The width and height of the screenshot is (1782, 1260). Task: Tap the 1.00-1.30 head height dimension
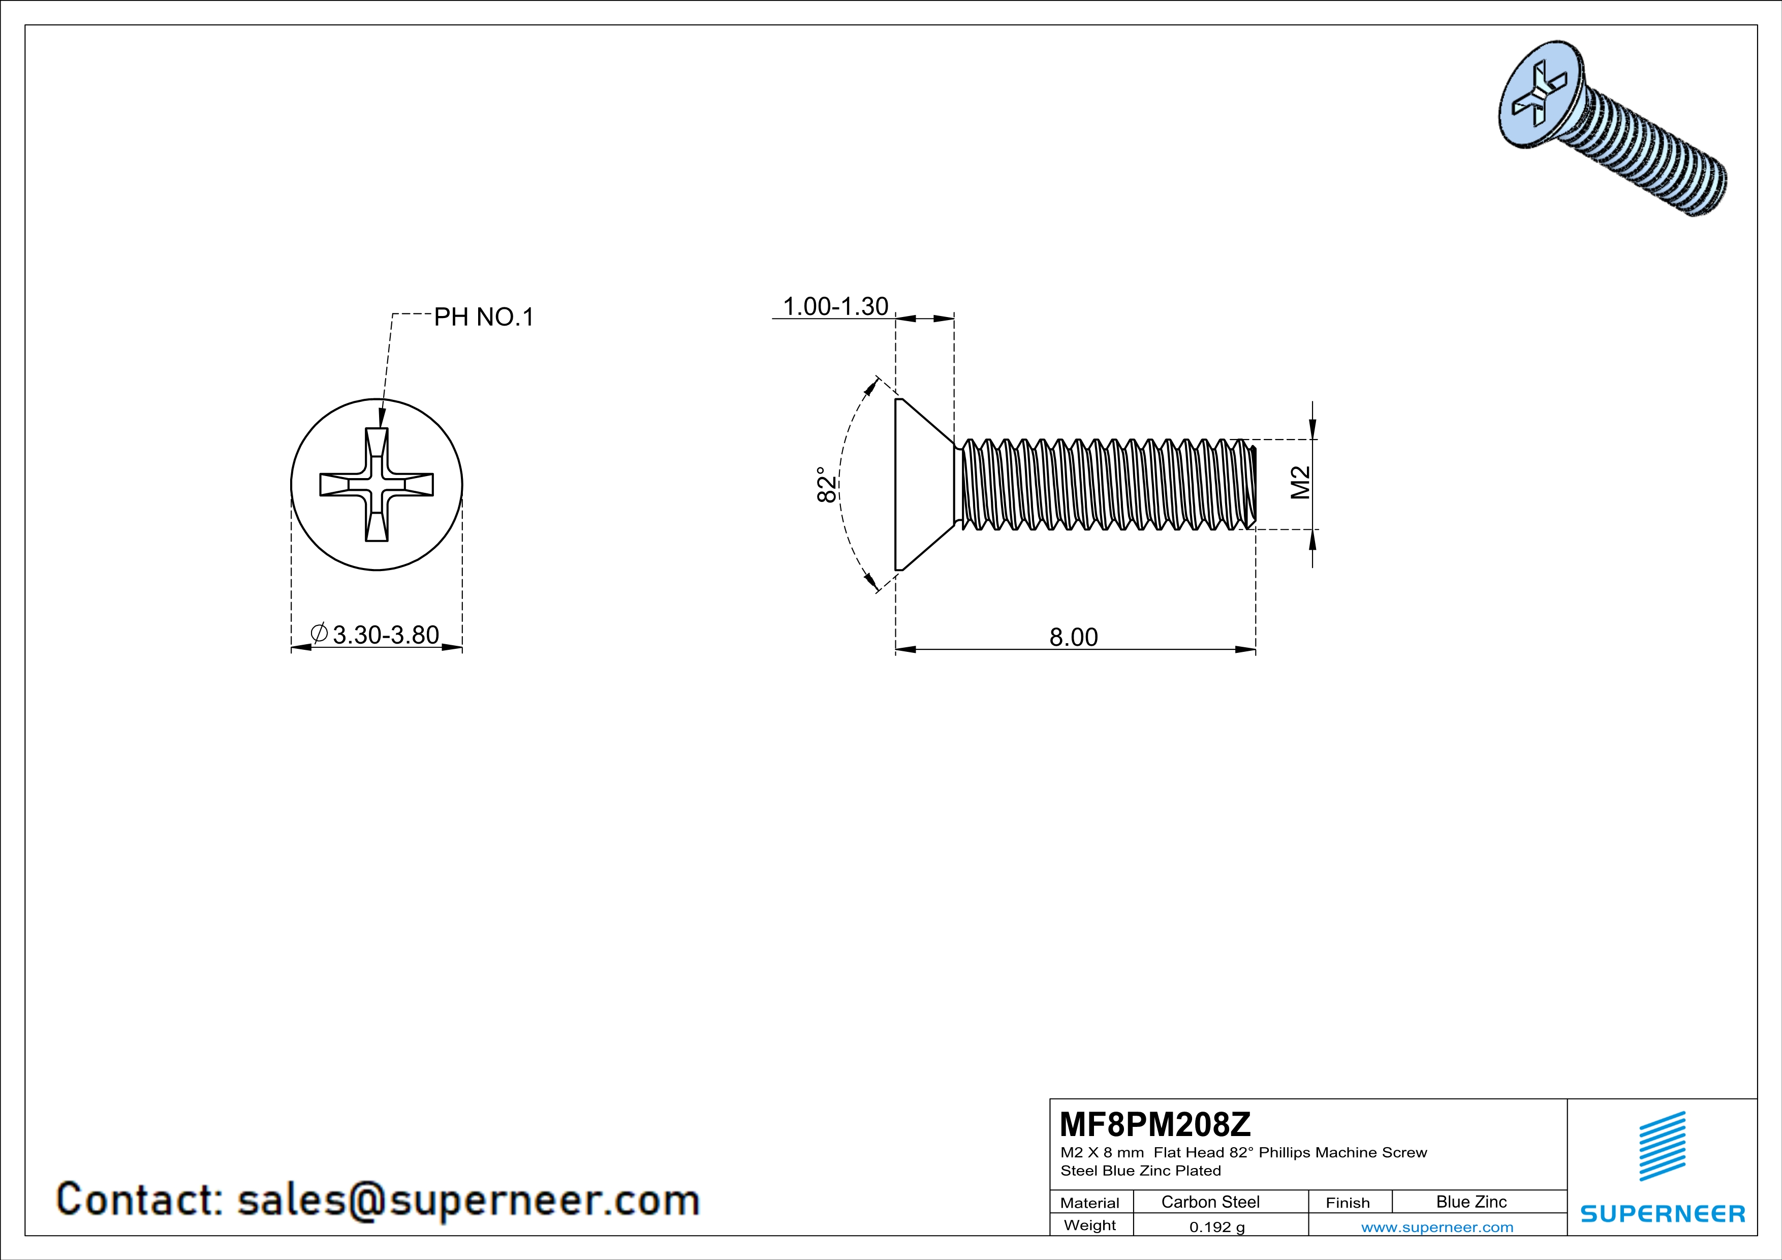(x=835, y=306)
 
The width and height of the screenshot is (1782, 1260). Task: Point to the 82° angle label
(x=827, y=485)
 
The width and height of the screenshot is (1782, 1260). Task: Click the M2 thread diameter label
(x=1301, y=483)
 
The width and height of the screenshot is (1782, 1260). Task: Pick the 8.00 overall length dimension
(x=1073, y=637)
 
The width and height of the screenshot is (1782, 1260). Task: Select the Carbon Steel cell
(x=1210, y=1202)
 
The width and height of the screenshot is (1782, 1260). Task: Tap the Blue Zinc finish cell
(x=1471, y=1202)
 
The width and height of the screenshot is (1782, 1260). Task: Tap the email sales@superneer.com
(x=468, y=1200)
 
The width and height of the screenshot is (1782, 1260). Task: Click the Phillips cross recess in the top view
(x=377, y=484)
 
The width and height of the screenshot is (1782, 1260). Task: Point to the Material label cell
(x=1090, y=1203)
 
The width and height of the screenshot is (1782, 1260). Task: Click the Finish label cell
(x=1348, y=1203)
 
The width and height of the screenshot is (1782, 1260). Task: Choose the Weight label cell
(x=1090, y=1225)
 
